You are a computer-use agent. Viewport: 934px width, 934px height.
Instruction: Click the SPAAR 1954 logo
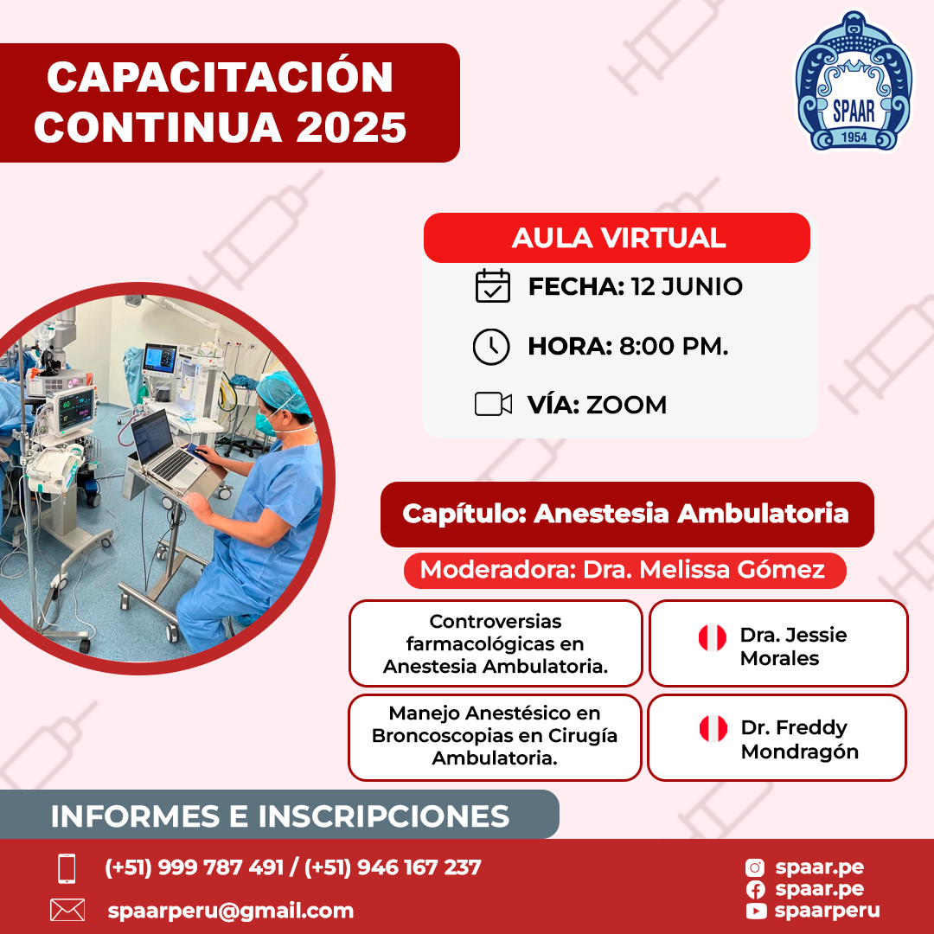[x=854, y=80]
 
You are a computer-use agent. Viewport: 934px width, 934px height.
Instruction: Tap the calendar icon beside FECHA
[x=493, y=286]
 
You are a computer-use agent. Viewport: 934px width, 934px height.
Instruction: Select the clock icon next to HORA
[x=491, y=346]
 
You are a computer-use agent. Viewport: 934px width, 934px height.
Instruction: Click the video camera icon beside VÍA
[x=493, y=404]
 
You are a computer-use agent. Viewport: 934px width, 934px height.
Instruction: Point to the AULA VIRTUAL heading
[x=618, y=238]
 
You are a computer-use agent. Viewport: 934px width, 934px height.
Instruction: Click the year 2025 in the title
[x=351, y=127]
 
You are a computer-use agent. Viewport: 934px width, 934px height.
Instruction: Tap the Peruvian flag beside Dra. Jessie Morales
[x=713, y=637]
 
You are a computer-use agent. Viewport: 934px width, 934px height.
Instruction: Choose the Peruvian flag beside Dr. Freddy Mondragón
[x=713, y=728]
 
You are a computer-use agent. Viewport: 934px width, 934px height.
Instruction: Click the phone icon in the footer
[x=67, y=868]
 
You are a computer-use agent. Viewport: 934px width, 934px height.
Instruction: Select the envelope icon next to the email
[x=67, y=910]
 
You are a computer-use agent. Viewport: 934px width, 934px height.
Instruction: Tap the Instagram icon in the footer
[x=755, y=868]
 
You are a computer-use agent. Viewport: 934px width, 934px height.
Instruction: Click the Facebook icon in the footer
[x=755, y=890]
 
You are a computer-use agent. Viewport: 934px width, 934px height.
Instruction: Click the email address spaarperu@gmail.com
[x=231, y=911]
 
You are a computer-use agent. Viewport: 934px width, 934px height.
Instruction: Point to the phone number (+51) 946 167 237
[x=393, y=867]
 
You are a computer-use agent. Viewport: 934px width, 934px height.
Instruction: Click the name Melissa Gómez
[x=732, y=570]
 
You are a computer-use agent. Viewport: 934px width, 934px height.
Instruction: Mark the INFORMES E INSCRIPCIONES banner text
[x=280, y=816]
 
